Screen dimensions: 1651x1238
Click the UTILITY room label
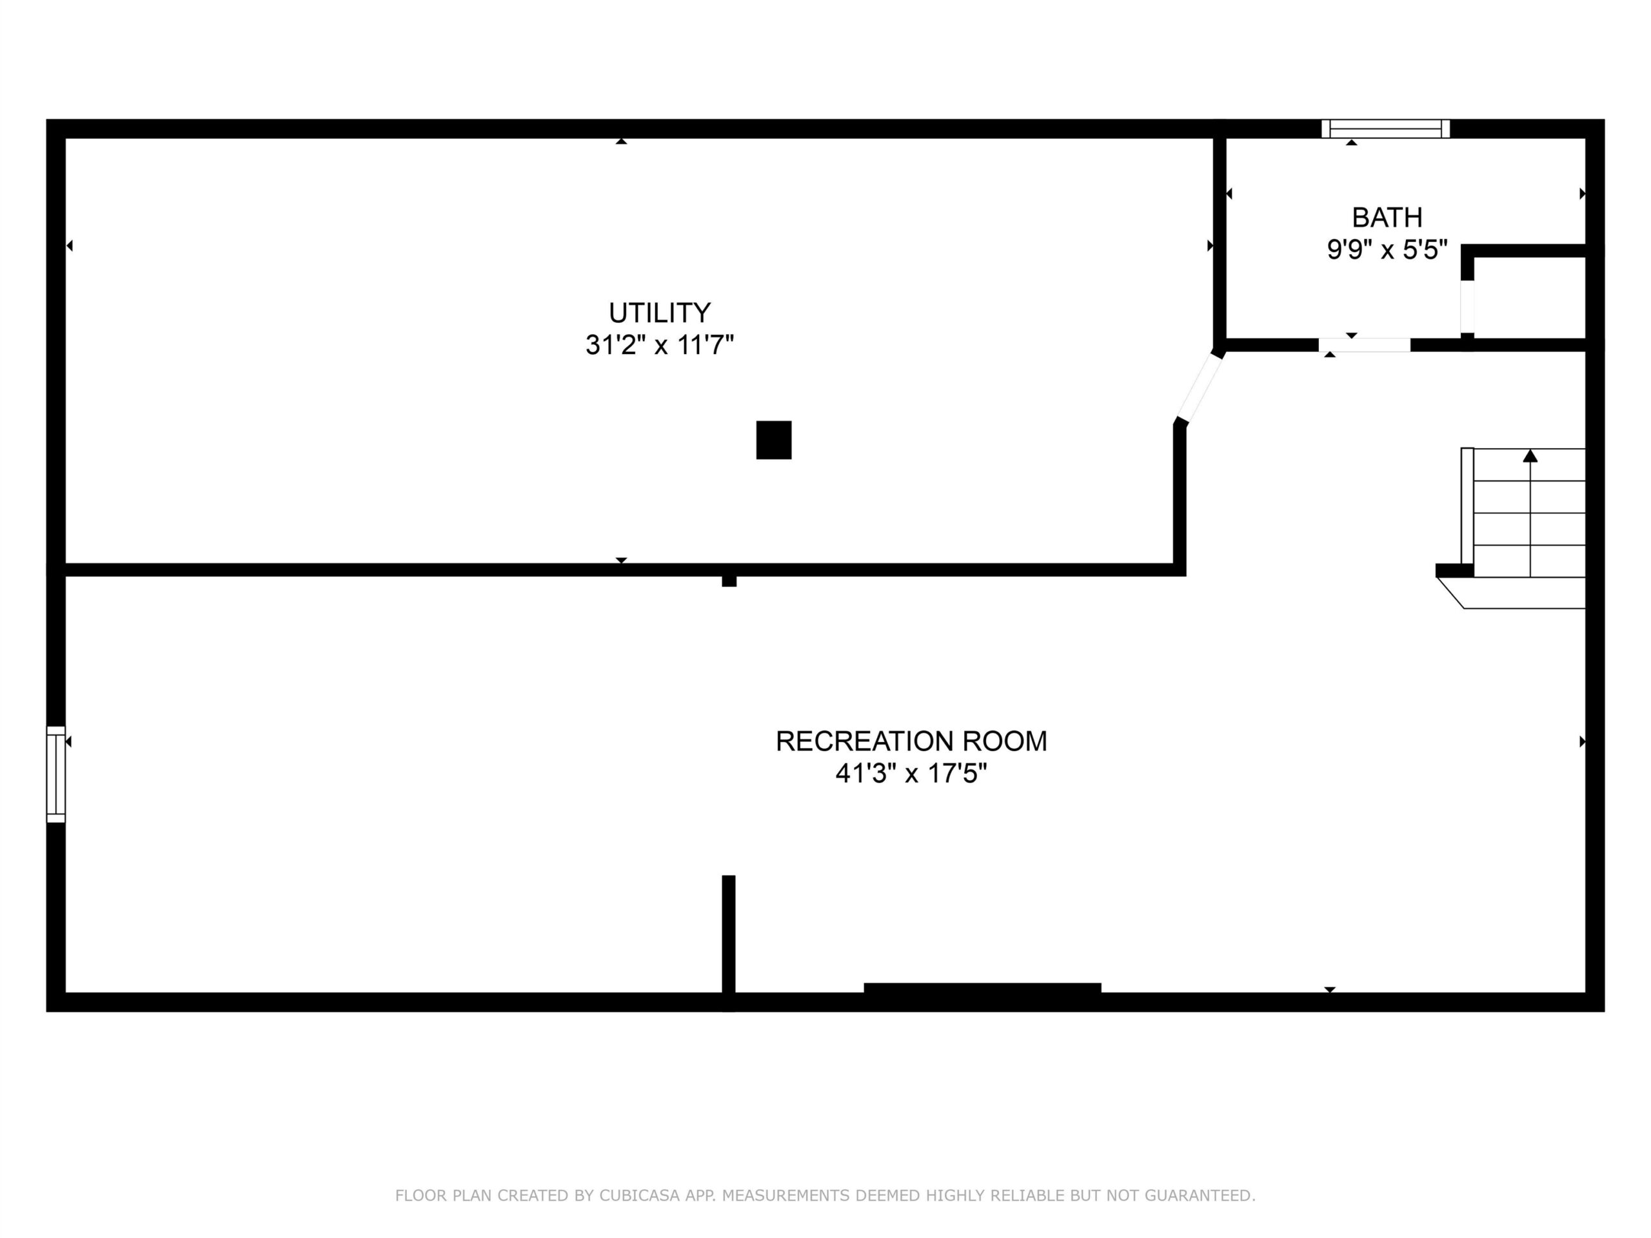659,312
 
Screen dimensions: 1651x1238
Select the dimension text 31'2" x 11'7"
659,345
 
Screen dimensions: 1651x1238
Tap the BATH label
1387,217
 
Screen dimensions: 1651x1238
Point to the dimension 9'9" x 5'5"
1387,250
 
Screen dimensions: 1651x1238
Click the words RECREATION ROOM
911,741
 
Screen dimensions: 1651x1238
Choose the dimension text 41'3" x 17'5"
911,774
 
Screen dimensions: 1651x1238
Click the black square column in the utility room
773,440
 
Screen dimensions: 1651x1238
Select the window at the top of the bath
1385,129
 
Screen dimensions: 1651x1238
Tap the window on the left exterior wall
56,774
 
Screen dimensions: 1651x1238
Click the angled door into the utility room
1200,388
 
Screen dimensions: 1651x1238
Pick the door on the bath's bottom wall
1365,345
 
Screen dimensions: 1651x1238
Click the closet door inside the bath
1467,306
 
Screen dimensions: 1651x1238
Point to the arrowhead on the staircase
1530,455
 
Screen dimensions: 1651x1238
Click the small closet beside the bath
1529,297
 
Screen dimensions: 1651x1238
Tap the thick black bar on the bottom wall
982,988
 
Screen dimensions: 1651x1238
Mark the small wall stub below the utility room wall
729,582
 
